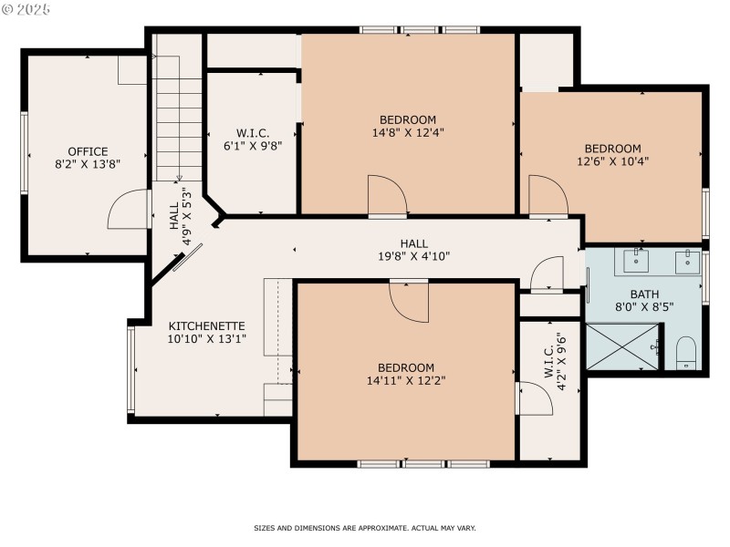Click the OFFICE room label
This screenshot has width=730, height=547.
coord(88,151)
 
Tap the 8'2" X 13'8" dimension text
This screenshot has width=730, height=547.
coord(88,165)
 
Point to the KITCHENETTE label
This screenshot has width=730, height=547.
coord(206,325)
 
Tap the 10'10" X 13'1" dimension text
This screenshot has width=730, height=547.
coord(206,339)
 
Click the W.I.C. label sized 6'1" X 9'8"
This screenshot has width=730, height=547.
coord(252,131)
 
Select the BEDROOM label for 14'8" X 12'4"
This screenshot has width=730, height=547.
coord(408,119)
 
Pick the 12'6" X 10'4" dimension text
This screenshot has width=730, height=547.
coord(612,161)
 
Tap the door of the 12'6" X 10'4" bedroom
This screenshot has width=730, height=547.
coord(547,196)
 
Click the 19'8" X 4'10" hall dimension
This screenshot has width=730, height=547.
coord(413,256)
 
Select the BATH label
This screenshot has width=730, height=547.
coord(644,294)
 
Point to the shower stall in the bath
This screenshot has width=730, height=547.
coord(622,348)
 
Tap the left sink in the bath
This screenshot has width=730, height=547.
coord(637,263)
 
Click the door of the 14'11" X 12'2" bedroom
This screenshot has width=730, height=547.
coord(408,301)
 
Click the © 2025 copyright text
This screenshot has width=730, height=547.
coord(27,9)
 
